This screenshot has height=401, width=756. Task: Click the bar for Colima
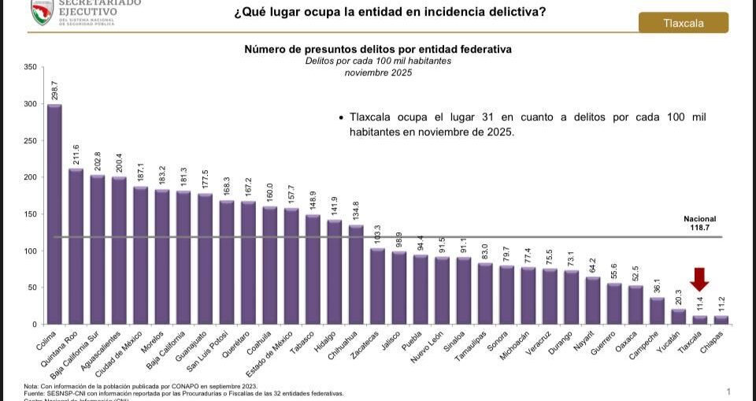[x=54, y=214]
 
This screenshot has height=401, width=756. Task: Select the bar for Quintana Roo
[x=76, y=246]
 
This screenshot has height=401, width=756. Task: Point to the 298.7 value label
[x=54, y=90]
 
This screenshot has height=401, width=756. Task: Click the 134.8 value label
[x=355, y=211]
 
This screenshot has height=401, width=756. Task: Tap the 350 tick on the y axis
[x=29, y=67]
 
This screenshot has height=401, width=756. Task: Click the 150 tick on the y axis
[x=29, y=214]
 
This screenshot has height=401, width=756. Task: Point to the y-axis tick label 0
[x=34, y=325]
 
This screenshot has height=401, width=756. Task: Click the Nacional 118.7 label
[x=700, y=224]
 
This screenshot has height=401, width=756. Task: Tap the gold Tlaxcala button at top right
[x=683, y=23]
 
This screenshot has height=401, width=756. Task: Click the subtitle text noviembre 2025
[x=378, y=72]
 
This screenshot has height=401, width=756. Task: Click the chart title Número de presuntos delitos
[x=378, y=49]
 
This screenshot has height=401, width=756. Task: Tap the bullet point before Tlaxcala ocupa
[x=341, y=117]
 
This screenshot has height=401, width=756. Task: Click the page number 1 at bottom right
[x=728, y=392]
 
